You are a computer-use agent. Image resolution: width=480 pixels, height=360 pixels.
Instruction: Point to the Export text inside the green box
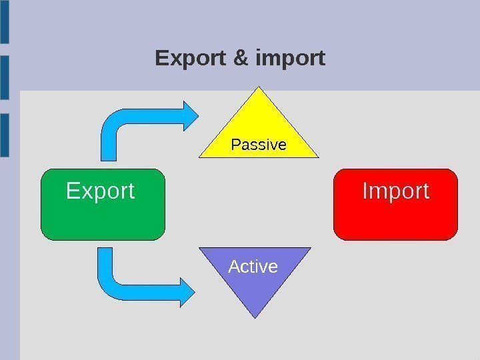click(x=101, y=191)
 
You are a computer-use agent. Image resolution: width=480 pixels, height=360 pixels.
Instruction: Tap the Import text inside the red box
click(x=395, y=191)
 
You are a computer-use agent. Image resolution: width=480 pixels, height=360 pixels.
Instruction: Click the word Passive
click(x=259, y=145)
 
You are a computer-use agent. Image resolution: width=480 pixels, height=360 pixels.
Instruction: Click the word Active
click(x=253, y=267)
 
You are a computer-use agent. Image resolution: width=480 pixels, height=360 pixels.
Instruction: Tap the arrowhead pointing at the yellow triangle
click(x=188, y=116)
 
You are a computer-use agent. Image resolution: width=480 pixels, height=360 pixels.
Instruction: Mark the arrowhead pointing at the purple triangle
click(x=187, y=291)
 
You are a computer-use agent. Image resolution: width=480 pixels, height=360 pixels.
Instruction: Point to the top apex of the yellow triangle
click(x=259, y=90)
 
